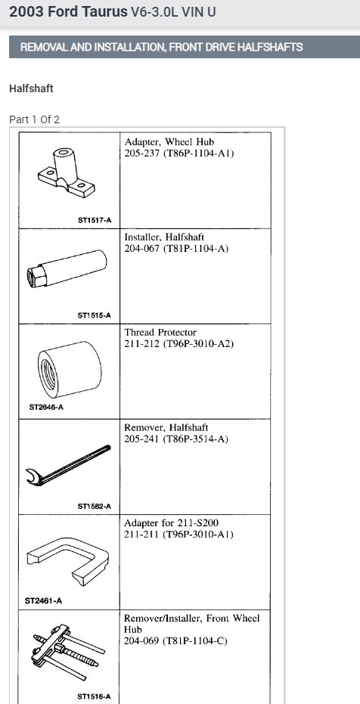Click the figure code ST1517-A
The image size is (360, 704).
coord(94,219)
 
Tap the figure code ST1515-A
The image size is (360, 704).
coord(94,315)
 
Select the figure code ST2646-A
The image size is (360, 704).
coord(46,408)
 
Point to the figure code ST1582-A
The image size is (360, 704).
coord(94,506)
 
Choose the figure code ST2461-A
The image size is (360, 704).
coord(43,601)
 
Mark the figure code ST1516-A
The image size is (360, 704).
coord(94,696)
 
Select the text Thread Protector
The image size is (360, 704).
coord(160,332)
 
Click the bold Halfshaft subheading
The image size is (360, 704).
coord(31,88)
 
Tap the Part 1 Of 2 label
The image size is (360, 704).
coord(34,119)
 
